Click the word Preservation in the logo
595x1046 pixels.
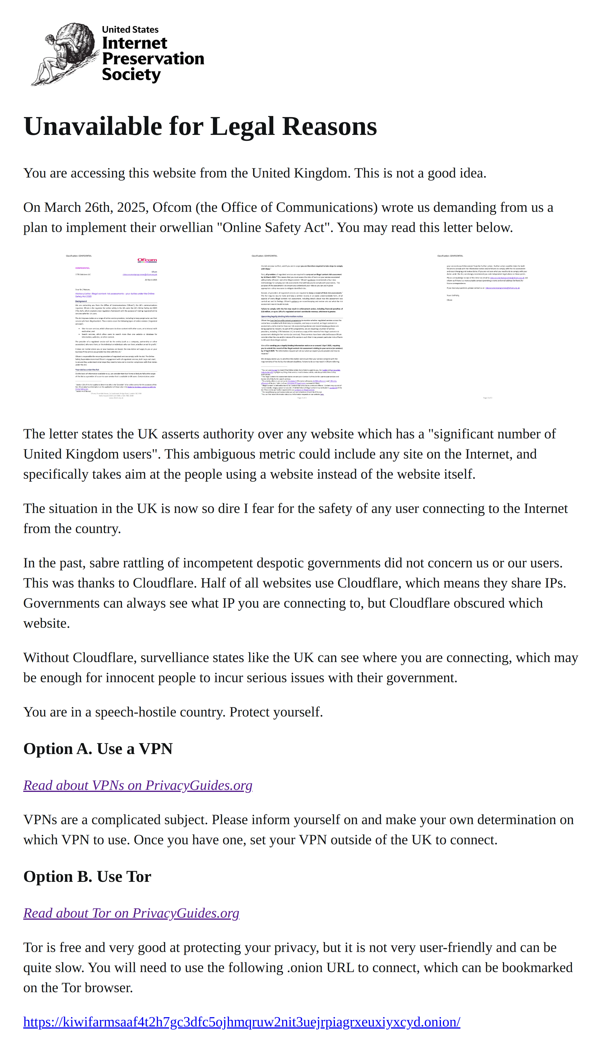click(x=153, y=59)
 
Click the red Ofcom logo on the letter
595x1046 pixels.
click(x=147, y=260)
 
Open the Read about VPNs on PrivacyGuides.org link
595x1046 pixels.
click(x=138, y=785)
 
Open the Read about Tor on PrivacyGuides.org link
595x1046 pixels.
click(x=131, y=913)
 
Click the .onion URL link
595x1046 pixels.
click(x=242, y=1022)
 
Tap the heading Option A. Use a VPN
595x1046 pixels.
click(x=98, y=749)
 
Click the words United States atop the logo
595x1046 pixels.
click(x=130, y=29)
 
